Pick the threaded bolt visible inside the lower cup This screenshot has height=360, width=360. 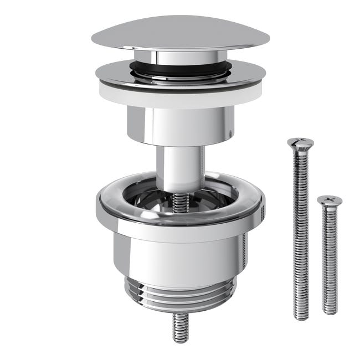tap(180, 203)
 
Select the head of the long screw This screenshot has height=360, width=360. tap(300, 143)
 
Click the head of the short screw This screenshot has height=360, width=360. tap(330, 200)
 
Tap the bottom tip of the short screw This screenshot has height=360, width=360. tap(330, 312)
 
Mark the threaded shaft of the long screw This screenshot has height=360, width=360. tap(301, 233)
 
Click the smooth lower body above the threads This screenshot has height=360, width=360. tap(180, 255)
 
